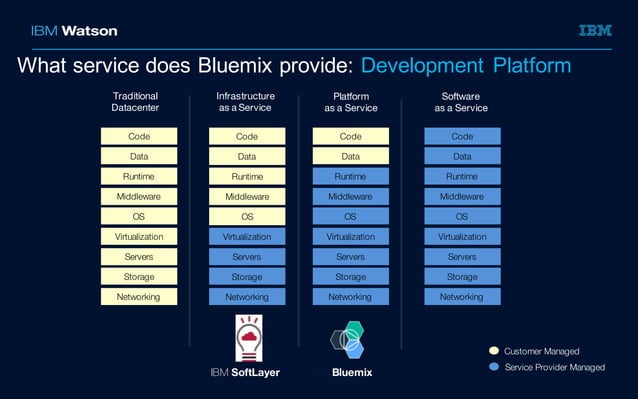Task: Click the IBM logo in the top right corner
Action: [x=594, y=30]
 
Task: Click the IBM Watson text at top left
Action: [x=74, y=30]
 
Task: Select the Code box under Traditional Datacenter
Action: [x=139, y=136]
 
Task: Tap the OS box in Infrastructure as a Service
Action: [x=247, y=216]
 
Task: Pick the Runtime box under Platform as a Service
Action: [x=350, y=176]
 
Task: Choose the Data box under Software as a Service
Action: [x=462, y=156]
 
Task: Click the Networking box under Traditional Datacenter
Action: [x=139, y=296]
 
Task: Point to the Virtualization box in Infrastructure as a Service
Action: [x=247, y=236]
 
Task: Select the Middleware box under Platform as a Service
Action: [x=350, y=196]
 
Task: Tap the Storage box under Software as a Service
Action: [x=462, y=276]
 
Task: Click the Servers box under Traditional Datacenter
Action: [x=139, y=256]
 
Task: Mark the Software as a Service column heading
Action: [x=461, y=102]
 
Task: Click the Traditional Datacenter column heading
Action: [x=135, y=102]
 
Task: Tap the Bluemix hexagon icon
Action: [x=350, y=341]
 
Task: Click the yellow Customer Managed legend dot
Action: [x=493, y=351]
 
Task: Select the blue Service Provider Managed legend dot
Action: [x=493, y=367]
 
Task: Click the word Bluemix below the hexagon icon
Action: [x=352, y=373]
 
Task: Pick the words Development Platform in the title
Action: [x=465, y=66]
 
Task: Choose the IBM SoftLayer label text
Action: [x=245, y=373]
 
